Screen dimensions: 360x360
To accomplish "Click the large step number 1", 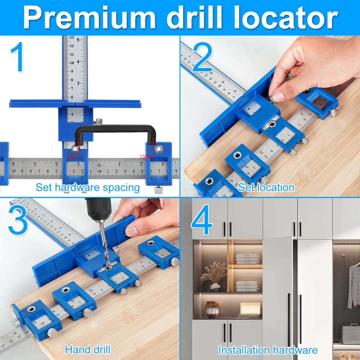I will click(17, 58).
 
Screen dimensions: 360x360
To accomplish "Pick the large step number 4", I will click(202, 220).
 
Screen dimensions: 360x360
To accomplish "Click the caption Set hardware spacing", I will click(87, 187).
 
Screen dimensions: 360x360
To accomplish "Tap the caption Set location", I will click(266, 187).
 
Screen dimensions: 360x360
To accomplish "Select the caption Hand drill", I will click(87, 349).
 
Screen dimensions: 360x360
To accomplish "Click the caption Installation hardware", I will click(268, 350).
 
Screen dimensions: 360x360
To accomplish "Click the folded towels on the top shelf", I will click(247, 258).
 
